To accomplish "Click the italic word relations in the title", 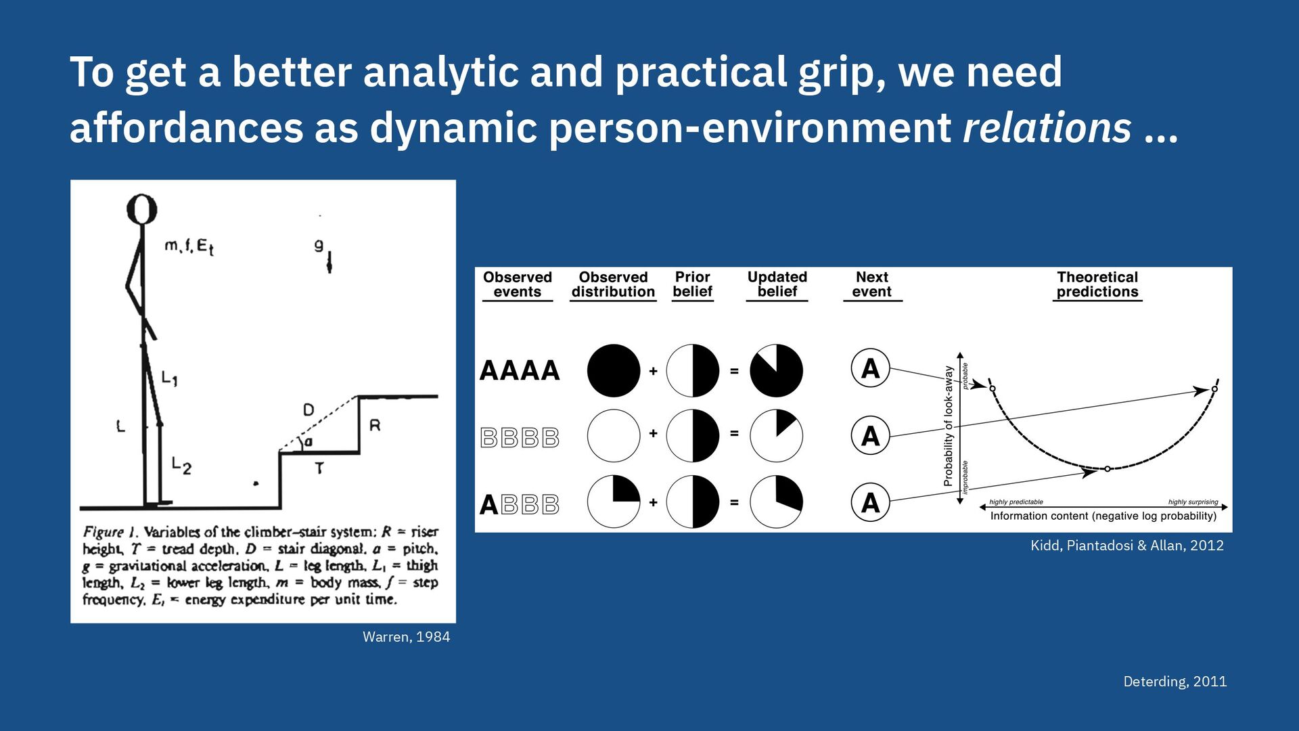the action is (1047, 128).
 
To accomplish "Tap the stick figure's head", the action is (142, 209).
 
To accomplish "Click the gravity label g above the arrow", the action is (319, 246).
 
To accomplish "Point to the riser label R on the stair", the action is (375, 426).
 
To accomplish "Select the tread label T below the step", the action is (319, 468).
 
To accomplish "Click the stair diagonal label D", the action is (309, 409).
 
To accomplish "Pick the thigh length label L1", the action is (169, 378).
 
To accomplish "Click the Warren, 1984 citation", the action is (406, 637).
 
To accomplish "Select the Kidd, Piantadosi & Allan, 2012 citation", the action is (1126, 546).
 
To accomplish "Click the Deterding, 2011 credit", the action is (1175, 682).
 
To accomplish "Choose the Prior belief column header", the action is (692, 284).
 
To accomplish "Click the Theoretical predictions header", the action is (1097, 284).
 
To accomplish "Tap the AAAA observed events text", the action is (520, 371).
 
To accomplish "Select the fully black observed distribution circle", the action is (614, 370).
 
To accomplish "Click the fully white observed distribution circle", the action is (614, 435).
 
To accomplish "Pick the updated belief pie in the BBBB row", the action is (776, 435).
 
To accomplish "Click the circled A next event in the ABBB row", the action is (870, 502).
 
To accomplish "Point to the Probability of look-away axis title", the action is (949, 426).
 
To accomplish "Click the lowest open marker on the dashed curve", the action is (1107, 468).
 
